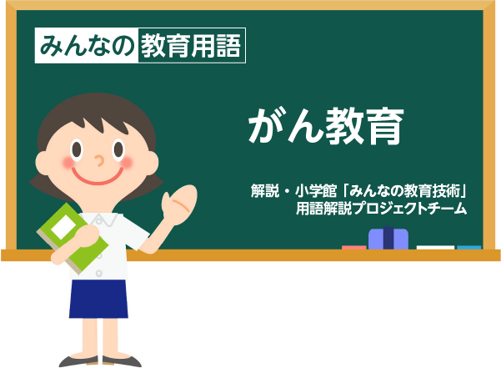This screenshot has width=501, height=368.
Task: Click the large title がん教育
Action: (x=326, y=126)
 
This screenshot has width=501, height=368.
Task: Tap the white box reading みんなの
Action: (x=87, y=45)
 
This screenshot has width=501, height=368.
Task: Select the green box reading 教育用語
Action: (x=192, y=45)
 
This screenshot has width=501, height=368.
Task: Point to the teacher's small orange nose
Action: (x=100, y=160)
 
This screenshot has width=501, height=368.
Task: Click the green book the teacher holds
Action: (x=73, y=239)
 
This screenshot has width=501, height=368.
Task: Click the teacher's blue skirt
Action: (x=98, y=299)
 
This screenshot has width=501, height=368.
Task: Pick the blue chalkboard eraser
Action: (x=388, y=239)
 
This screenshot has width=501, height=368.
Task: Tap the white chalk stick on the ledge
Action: (x=435, y=248)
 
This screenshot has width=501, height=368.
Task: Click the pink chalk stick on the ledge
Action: (x=354, y=248)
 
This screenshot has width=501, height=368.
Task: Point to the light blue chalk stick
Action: (x=469, y=248)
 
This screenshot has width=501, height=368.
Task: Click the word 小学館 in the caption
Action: (x=316, y=191)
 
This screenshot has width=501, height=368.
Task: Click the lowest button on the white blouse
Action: (x=99, y=274)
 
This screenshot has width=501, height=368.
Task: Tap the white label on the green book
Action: (x=63, y=226)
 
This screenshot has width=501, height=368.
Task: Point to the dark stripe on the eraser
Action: (x=388, y=238)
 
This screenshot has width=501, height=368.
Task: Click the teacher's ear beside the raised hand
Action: (x=152, y=163)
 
